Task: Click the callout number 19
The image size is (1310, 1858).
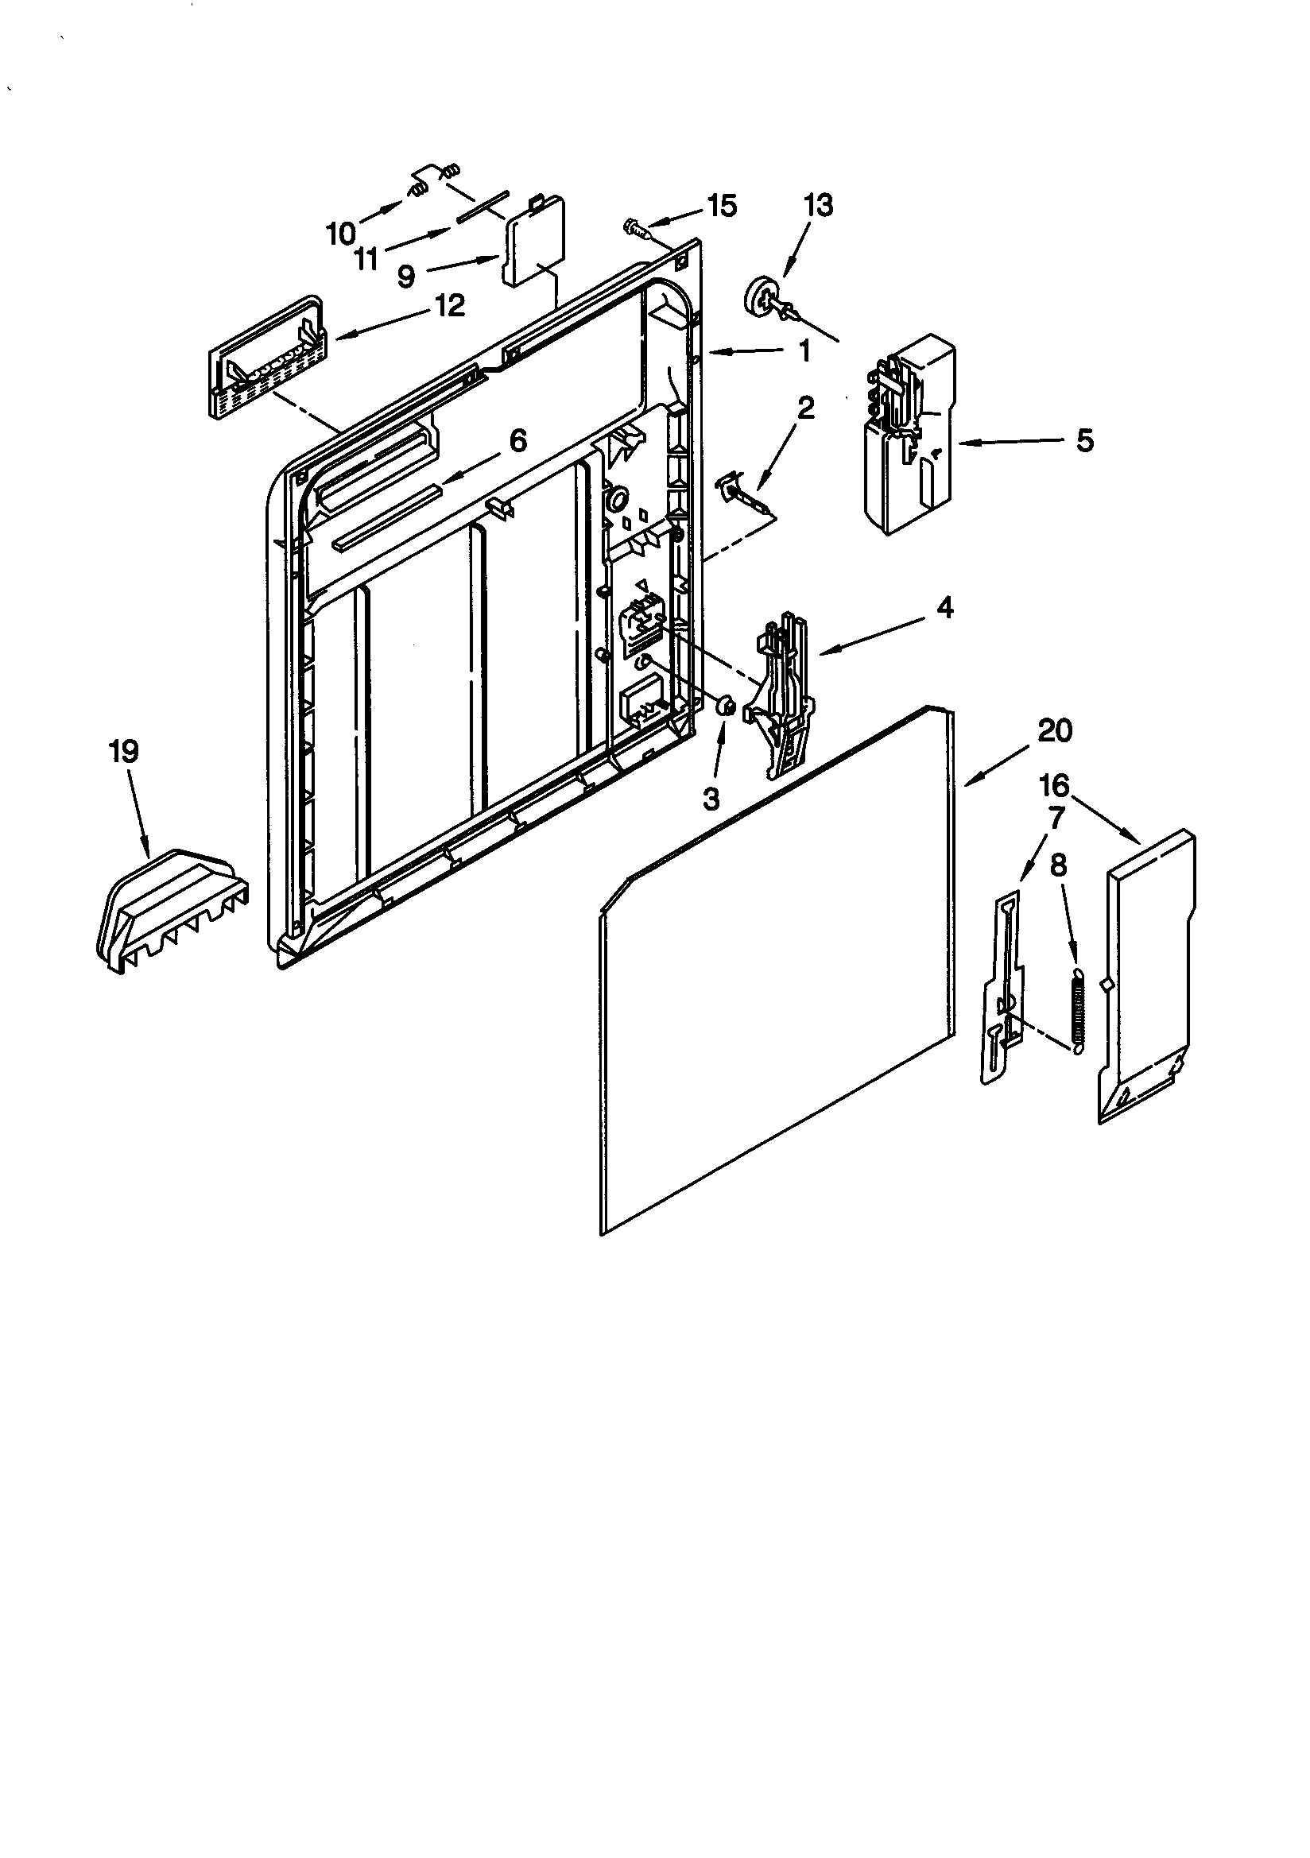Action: coord(124,752)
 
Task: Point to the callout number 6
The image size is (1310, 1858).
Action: coord(517,441)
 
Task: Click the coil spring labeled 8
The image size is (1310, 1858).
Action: coord(1077,1012)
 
